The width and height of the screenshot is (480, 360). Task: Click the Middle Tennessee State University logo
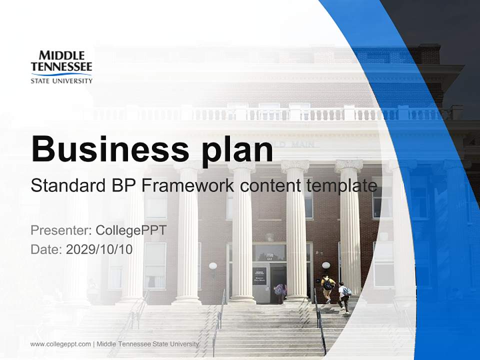click(x=61, y=66)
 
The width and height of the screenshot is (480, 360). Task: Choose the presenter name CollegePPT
click(x=130, y=230)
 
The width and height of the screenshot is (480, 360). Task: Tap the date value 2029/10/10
click(x=99, y=249)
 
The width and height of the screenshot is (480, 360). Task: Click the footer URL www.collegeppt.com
click(x=60, y=343)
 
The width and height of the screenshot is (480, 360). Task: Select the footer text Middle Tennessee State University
click(x=147, y=343)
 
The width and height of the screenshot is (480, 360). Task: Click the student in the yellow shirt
click(x=327, y=288)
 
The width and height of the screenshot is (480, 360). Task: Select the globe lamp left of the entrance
click(x=213, y=266)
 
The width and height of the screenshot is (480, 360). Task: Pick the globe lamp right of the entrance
click(x=326, y=265)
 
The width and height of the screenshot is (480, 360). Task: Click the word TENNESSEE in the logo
click(x=61, y=66)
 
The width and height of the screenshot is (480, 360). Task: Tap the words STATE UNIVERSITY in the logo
click(x=61, y=80)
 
